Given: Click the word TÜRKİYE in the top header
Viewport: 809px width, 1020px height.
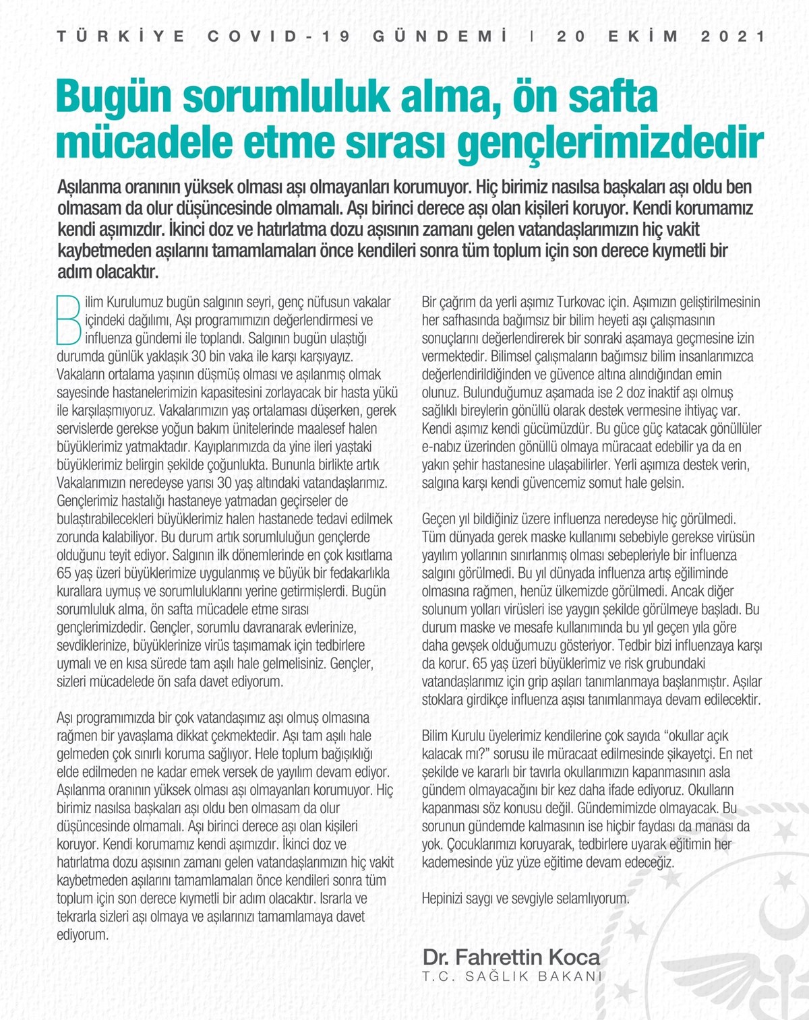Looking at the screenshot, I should pyautogui.click(x=121, y=36).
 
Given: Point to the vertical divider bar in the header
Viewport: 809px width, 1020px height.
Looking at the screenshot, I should pyautogui.click(x=533, y=36).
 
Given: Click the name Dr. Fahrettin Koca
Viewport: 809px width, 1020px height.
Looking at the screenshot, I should pyautogui.click(x=511, y=957).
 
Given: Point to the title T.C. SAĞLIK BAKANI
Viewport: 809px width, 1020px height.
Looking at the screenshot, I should pyautogui.click(x=512, y=976).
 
